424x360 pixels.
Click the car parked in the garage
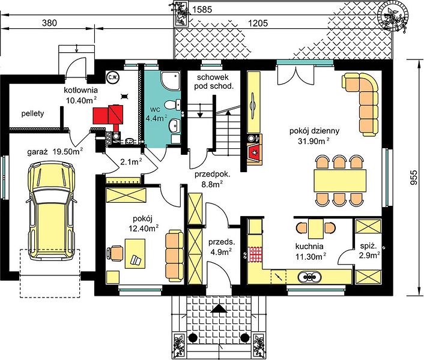point(50,211)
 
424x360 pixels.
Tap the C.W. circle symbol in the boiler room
point(112,77)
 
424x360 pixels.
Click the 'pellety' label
point(32,113)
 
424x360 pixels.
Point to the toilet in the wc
point(172,105)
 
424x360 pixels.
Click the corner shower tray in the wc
point(171,80)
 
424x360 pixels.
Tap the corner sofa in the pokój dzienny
point(363,103)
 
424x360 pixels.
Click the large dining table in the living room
point(340,181)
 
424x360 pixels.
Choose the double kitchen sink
point(310,277)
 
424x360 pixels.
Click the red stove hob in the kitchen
point(255,254)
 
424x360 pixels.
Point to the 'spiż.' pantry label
point(369,247)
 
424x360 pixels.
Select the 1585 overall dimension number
point(202,10)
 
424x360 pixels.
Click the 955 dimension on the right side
point(413,178)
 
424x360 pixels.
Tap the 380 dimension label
point(49,23)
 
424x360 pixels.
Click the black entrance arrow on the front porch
point(219,308)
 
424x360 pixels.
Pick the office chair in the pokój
point(115,253)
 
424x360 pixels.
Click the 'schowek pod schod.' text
point(213,82)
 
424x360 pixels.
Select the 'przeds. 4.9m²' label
point(222,247)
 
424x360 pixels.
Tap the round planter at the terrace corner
point(394,16)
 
